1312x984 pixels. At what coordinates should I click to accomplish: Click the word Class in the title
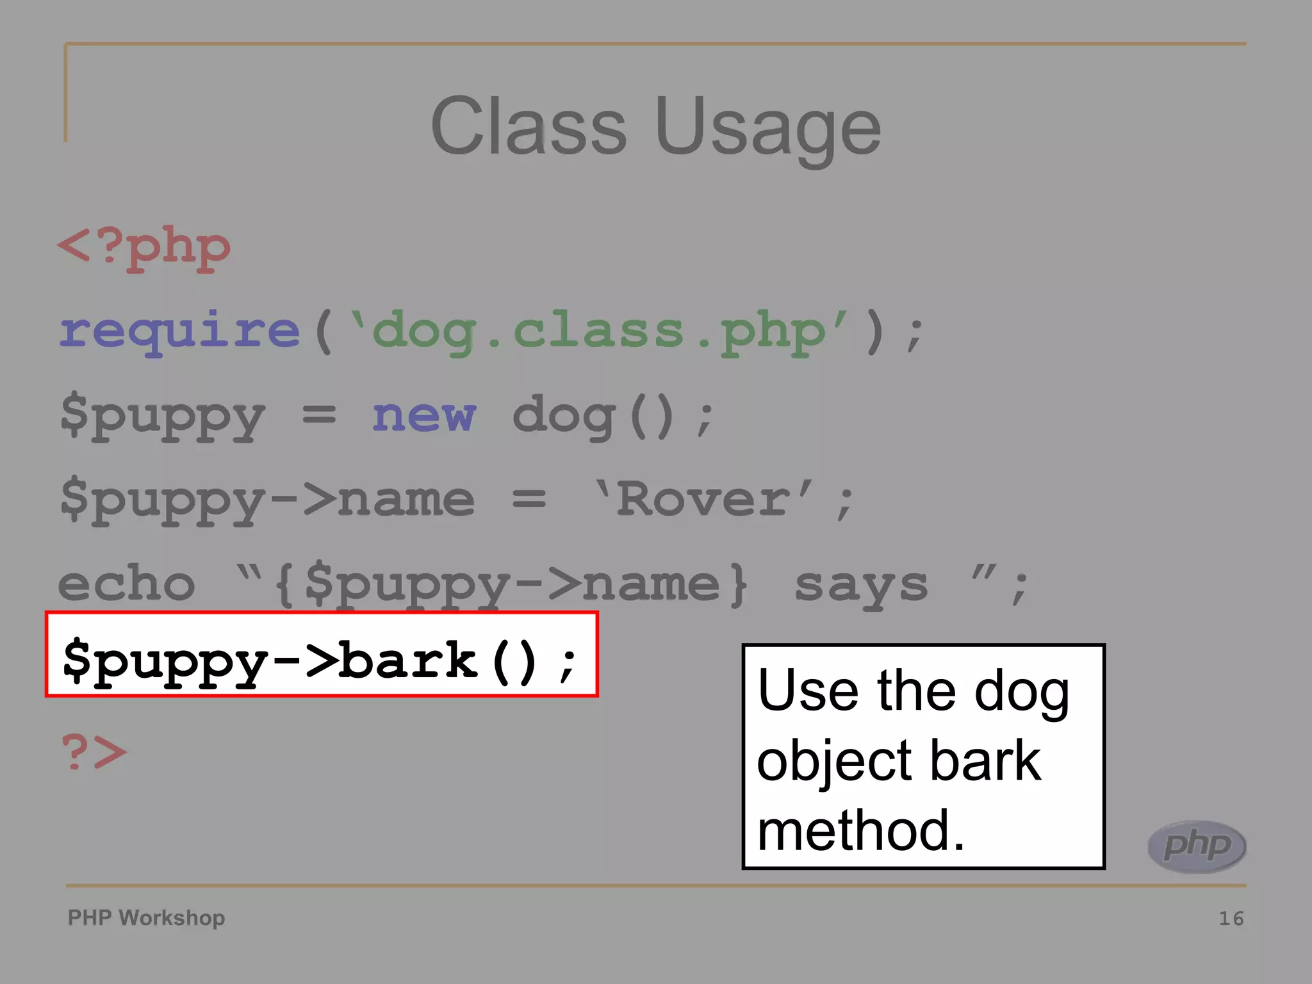coord(529,126)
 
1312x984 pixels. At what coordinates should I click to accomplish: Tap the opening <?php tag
coord(144,248)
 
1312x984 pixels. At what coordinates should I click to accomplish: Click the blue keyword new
coord(424,415)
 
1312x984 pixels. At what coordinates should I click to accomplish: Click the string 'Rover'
coord(705,500)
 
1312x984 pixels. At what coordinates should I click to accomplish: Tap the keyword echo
coord(126,584)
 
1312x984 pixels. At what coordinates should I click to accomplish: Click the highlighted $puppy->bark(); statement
coord(320,660)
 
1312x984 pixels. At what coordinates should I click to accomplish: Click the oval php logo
coord(1196,846)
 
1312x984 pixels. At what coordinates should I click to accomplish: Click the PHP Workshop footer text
coord(146,917)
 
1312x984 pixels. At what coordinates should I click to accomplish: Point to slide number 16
coord(1231,919)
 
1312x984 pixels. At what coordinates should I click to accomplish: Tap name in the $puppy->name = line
coord(406,500)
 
